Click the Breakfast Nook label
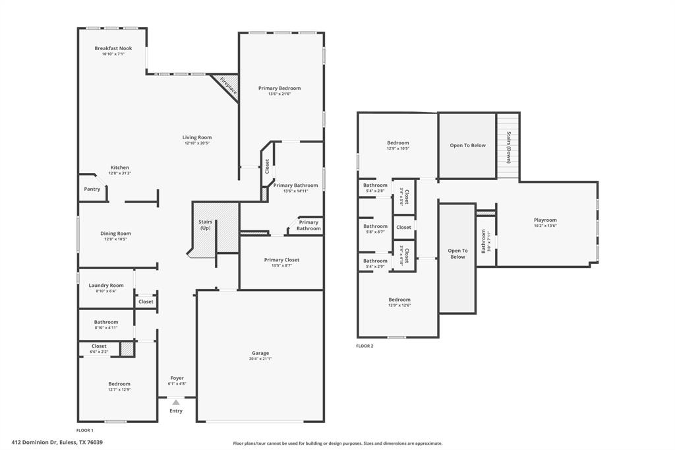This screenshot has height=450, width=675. click(113, 48)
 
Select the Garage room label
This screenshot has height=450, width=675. click(260, 353)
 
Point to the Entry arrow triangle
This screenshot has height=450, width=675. click(176, 402)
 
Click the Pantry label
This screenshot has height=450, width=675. click(92, 189)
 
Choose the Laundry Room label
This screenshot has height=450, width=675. click(106, 286)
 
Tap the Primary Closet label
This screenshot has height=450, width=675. click(281, 260)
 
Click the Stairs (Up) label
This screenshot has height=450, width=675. click(205, 225)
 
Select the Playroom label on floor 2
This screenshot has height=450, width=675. click(545, 220)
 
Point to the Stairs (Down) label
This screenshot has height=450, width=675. click(509, 147)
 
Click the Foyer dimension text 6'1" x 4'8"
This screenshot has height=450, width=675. click(177, 383)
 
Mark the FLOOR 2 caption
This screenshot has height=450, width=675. click(365, 346)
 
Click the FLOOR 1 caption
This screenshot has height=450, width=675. click(84, 430)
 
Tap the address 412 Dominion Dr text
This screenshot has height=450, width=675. click(57, 443)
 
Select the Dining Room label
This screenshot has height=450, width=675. click(115, 234)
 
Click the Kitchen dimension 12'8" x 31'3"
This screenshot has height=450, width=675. click(120, 174)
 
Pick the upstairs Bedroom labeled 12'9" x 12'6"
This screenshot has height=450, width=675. click(399, 300)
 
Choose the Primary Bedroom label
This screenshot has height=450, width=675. click(279, 88)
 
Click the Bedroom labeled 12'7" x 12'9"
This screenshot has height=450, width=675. click(119, 384)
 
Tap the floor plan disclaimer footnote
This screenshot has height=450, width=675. click(337, 443)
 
